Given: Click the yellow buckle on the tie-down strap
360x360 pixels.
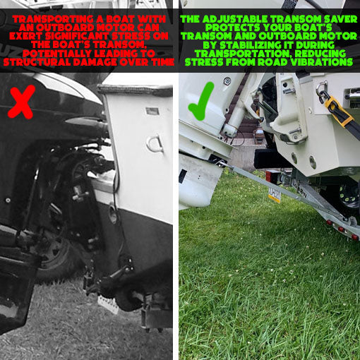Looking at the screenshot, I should pyautogui.click(x=337, y=109).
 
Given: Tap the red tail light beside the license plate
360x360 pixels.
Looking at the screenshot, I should pyautogui.click(x=271, y=177).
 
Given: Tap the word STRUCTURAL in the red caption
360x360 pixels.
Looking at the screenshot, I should pyautogui.click(x=39, y=62).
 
